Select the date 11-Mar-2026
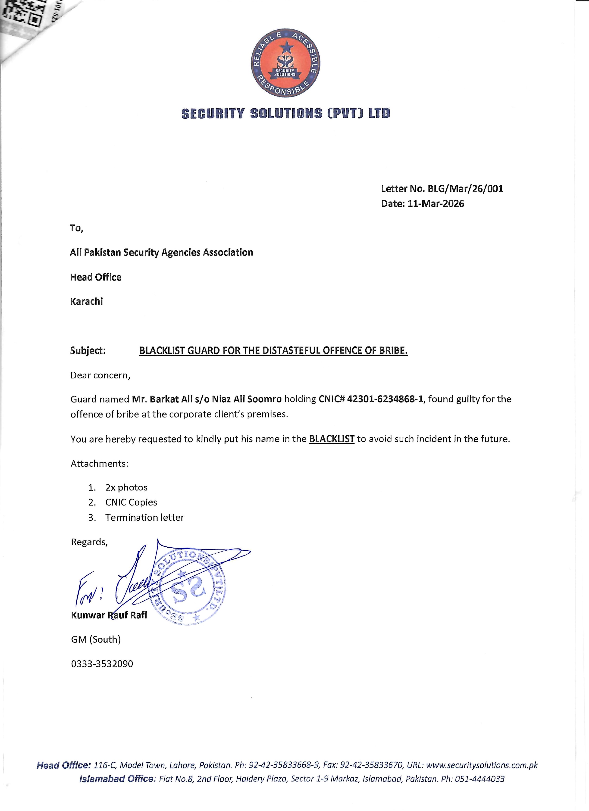coord(435,204)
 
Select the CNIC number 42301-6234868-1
coord(385,399)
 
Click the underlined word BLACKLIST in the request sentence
coord(332,439)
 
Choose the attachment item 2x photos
coord(126,487)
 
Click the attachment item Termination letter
coord(144,518)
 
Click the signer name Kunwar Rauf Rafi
coord(109,615)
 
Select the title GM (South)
coord(96,639)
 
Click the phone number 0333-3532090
coord(102,664)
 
